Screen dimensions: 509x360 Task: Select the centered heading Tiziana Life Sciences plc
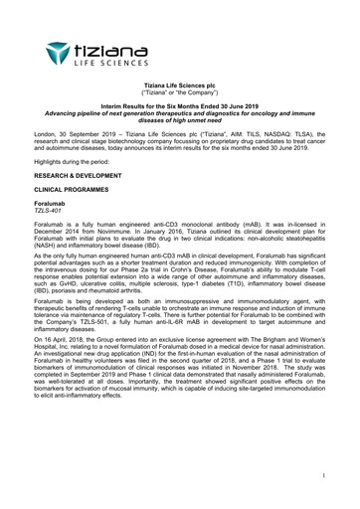tap(179, 87)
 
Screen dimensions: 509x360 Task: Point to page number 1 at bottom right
tap(323, 476)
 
